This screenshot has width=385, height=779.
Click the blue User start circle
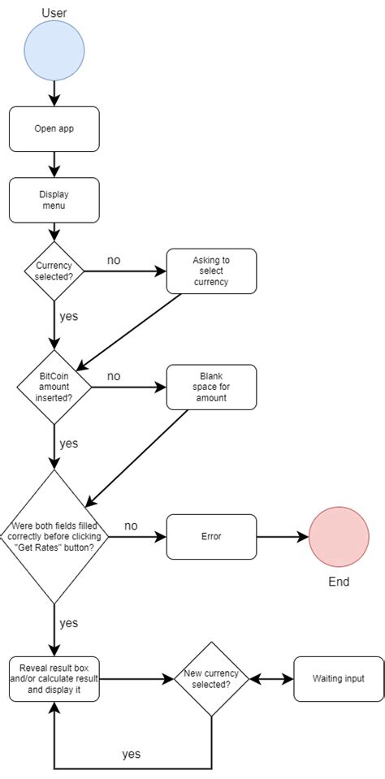[x=54, y=50]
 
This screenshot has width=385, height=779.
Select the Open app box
[x=54, y=128]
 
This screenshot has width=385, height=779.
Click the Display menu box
[x=54, y=200]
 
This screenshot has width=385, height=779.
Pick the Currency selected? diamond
[x=54, y=271]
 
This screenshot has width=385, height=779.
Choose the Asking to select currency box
[x=211, y=271]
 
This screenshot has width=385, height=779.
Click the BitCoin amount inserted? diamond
[x=54, y=387]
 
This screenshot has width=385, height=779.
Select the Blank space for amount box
[x=211, y=387]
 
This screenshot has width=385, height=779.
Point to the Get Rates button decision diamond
[x=54, y=536]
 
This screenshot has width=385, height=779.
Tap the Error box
[x=211, y=536]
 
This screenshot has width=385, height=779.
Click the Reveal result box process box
[x=54, y=678]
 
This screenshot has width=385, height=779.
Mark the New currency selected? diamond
[x=211, y=678]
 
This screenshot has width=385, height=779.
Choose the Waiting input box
[x=338, y=678]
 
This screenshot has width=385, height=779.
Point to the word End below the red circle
[x=339, y=582]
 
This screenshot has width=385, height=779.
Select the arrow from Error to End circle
[x=282, y=536]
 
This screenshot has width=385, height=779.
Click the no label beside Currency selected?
[x=114, y=260]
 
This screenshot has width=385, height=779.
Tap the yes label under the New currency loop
[x=131, y=754]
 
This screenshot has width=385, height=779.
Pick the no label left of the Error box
[x=131, y=526]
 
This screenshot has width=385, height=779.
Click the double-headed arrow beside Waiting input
[x=270, y=678]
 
